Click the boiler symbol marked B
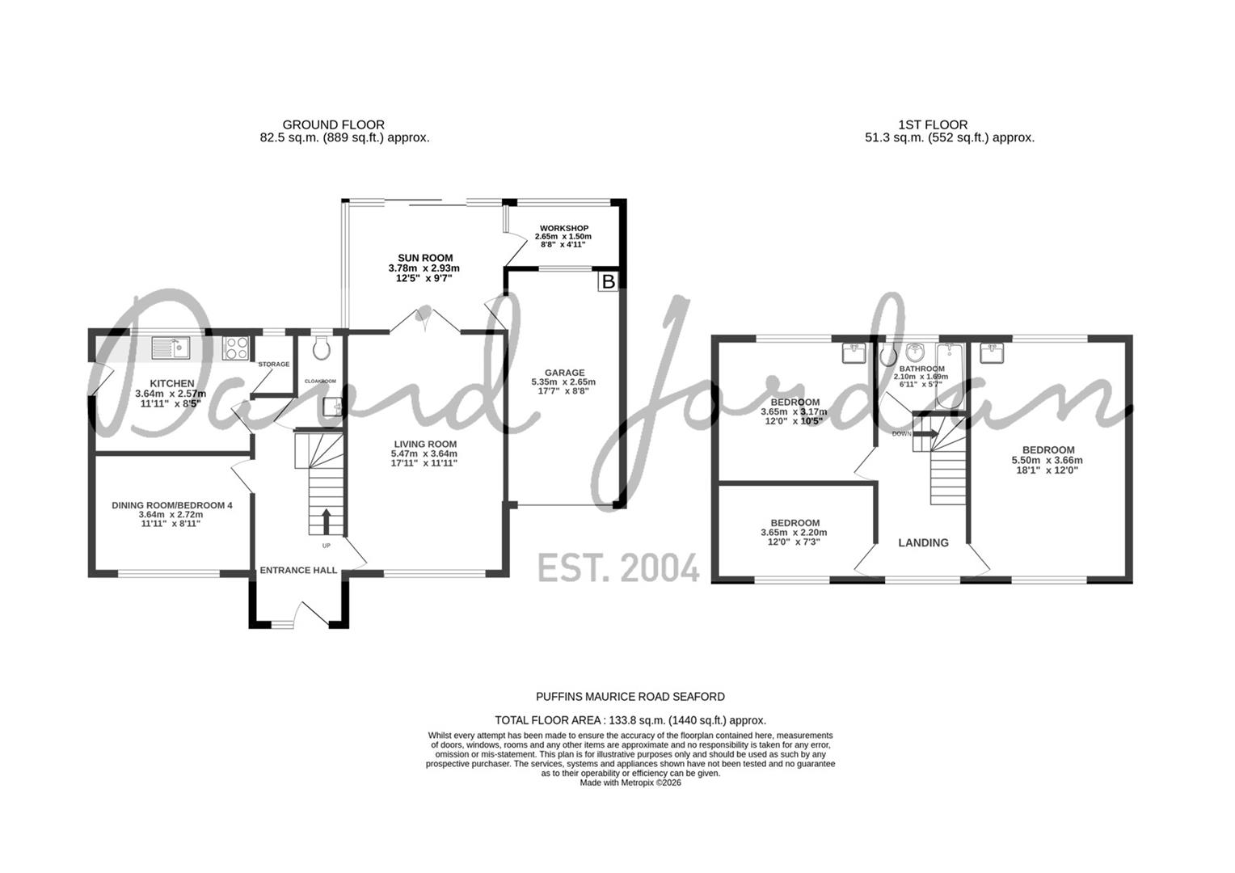click(x=608, y=281)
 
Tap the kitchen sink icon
click(x=170, y=348)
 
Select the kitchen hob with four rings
click(x=235, y=348)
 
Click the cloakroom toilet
click(x=321, y=348)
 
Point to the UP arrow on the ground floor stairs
click(x=326, y=521)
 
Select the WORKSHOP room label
click(x=564, y=228)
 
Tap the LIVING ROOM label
click(x=425, y=444)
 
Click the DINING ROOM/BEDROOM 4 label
click(x=171, y=505)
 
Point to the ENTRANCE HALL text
click(x=298, y=570)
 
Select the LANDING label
click(x=923, y=542)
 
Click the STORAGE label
click(x=273, y=365)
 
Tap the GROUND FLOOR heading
click(x=333, y=124)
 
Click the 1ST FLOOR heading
click(x=933, y=124)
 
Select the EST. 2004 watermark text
click(x=618, y=568)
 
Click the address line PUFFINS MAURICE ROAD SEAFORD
click(x=630, y=696)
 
